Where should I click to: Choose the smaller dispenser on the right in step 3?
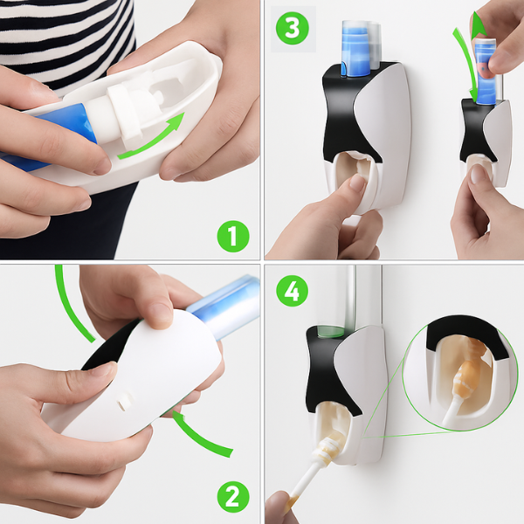485,144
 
